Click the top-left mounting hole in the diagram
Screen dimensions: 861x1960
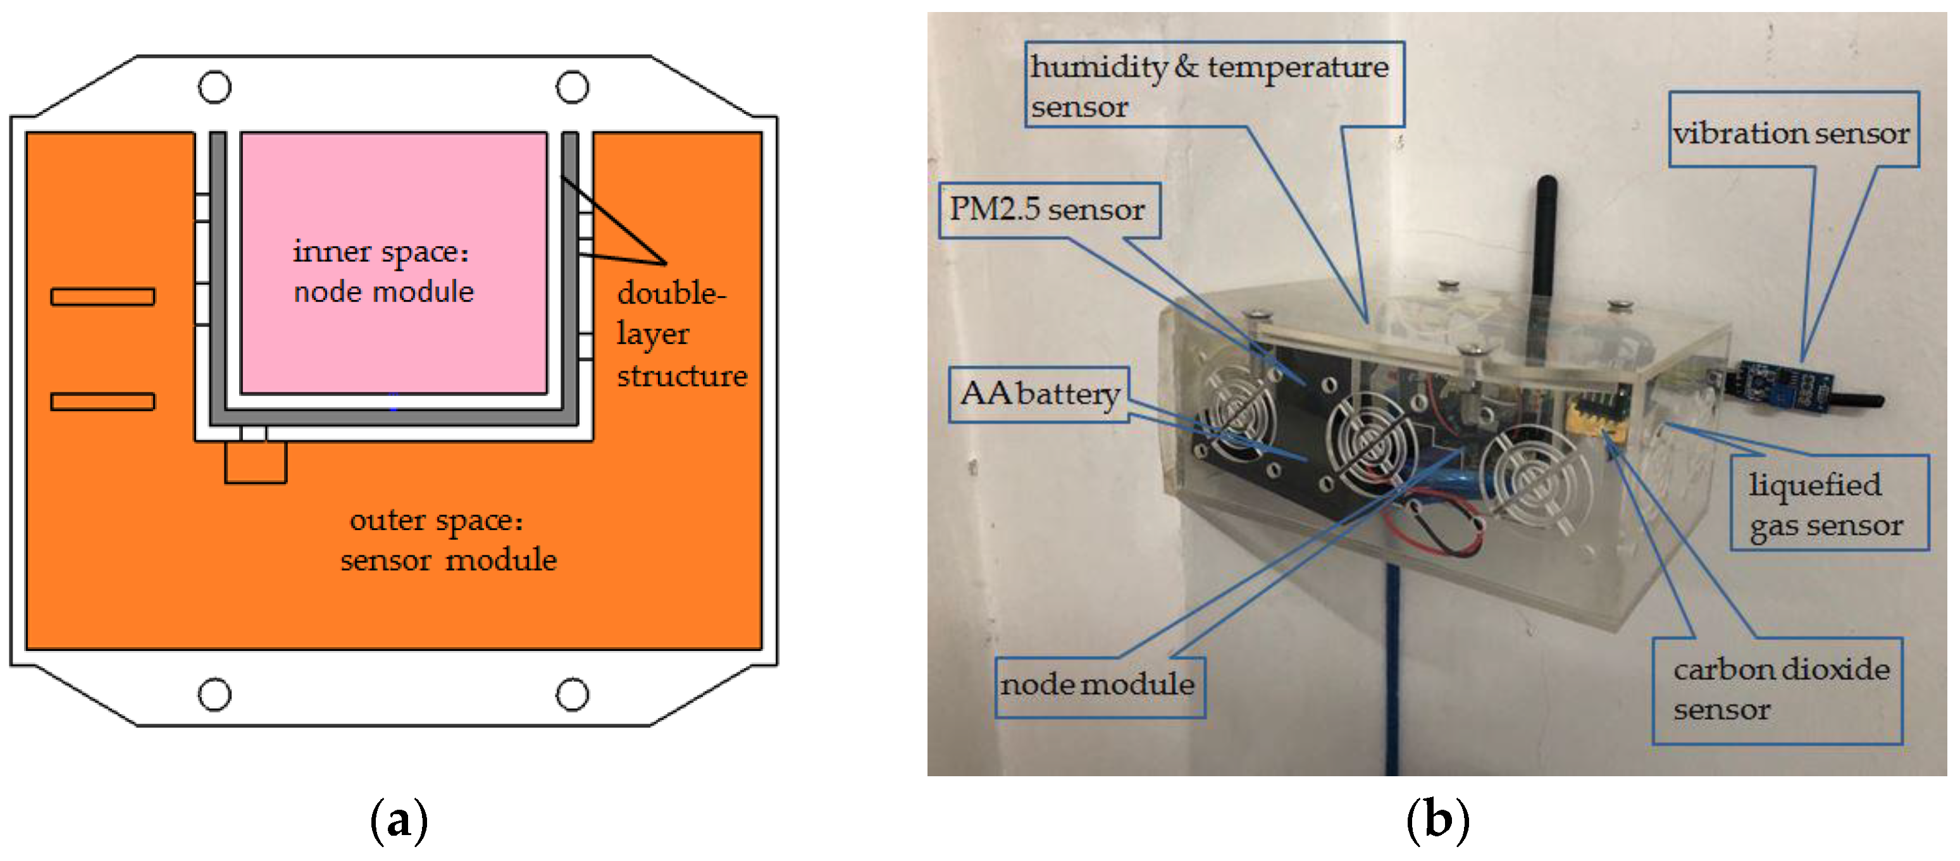tap(214, 87)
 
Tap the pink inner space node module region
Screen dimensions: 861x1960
tap(394, 263)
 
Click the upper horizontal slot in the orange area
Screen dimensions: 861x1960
tap(102, 296)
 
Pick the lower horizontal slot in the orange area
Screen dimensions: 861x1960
tap(102, 401)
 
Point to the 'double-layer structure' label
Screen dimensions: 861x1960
tap(681, 335)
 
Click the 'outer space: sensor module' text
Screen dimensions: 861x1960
tap(447, 540)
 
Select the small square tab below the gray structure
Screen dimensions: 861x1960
tap(256, 462)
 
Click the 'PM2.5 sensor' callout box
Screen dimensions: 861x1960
tap(1048, 210)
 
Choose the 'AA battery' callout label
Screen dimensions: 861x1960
tap(1039, 394)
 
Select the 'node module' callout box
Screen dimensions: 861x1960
tap(1099, 685)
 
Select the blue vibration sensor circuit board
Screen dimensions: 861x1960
tap(1776, 388)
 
